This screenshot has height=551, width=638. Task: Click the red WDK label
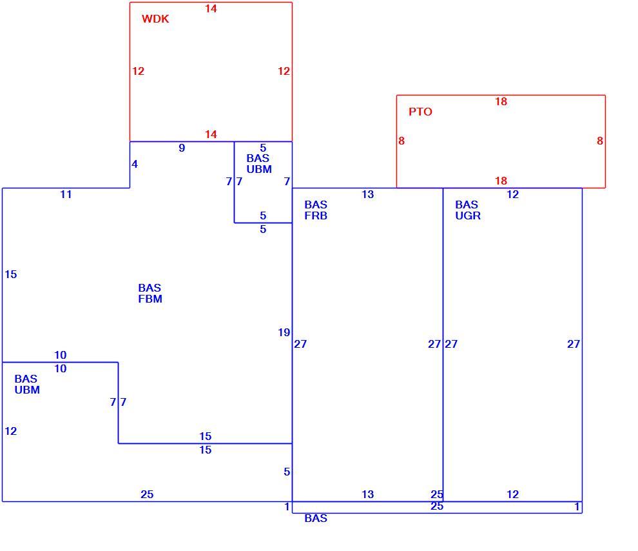[155, 19]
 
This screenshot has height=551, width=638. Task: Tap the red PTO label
[420, 112]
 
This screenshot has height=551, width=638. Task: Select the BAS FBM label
[150, 293]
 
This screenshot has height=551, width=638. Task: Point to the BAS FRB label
[316, 210]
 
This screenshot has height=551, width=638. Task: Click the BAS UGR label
[467, 210]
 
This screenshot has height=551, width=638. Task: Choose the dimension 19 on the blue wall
[284, 333]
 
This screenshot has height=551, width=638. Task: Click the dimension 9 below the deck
[182, 148]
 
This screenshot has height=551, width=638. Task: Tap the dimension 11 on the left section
[66, 194]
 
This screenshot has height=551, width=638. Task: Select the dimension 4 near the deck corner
[135, 164]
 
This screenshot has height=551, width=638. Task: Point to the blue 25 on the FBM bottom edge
[147, 494]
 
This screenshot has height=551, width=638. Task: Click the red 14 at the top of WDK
[211, 8]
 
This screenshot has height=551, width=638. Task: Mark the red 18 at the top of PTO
[501, 101]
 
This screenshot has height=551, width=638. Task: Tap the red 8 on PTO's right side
[600, 141]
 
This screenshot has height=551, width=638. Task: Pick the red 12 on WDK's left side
[138, 71]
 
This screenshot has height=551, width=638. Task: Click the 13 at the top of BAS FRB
[367, 194]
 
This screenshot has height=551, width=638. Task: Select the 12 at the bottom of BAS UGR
[513, 494]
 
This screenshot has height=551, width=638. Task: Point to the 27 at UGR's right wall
[574, 344]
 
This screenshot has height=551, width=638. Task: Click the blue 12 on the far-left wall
[10, 431]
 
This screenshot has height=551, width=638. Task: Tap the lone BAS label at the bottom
[316, 518]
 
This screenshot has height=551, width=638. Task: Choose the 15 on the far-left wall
[10, 274]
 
